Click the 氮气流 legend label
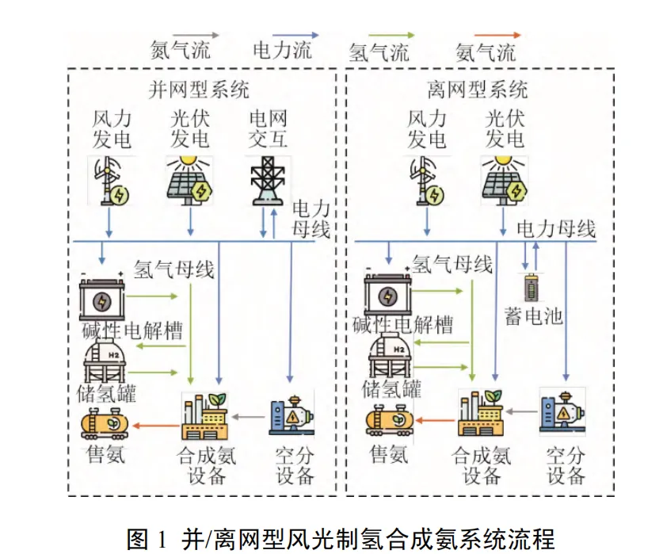coord(181,51)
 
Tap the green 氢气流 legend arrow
coord(391,35)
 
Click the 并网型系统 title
coord(199,90)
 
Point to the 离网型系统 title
coord(478,90)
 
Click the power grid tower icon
coord(268,181)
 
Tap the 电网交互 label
coord(268,129)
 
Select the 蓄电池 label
coord(534,315)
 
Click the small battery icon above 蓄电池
coord(531,288)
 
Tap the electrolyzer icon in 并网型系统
coord(102,297)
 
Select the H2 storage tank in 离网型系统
coord(391,354)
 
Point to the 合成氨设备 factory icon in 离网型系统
coord(481,413)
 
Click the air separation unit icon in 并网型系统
coord(291,415)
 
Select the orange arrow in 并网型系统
coord(155,426)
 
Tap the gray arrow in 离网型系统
coord(522,411)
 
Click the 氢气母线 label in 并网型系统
coord(174,269)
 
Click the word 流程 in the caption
coord(534,539)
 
